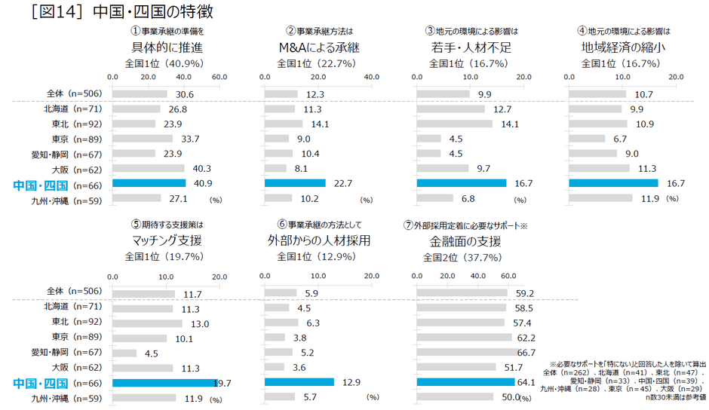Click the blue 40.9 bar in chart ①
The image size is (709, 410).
click(x=149, y=183)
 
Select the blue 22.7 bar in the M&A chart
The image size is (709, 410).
click(x=295, y=183)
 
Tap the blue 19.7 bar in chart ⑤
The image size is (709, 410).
click(x=164, y=382)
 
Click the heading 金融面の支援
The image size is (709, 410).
click(x=465, y=241)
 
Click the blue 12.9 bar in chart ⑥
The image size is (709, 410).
click(x=299, y=382)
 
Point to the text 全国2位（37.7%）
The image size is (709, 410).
click(x=462, y=257)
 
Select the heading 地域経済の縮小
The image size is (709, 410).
click(x=618, y=47)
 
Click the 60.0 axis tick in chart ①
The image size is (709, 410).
click(x=219, y=78)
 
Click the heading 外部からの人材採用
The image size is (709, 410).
click(x=320, y=241)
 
